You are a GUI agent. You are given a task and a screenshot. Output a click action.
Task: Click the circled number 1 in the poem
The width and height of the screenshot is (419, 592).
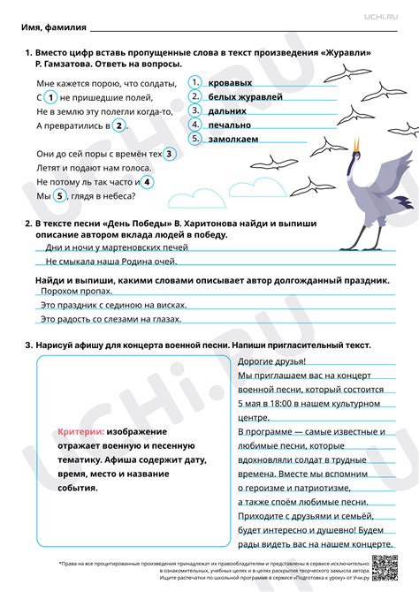coord(51,97)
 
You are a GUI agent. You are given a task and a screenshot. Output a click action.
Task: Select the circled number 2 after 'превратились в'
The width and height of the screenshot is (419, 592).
coord(117,125)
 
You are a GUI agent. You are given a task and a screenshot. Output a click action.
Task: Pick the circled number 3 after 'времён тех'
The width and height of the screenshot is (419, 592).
coord(171,154)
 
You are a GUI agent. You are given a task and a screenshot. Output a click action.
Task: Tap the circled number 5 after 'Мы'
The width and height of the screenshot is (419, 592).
coord(60,196)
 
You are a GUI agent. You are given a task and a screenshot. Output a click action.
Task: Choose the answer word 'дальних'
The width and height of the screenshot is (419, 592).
coord(227,111)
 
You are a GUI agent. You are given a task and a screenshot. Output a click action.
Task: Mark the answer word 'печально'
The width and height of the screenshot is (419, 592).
coord(229,125)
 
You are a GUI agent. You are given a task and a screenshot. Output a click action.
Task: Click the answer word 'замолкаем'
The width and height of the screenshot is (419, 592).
coord(233,140)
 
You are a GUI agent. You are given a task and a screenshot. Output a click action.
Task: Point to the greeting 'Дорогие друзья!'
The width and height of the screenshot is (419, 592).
coord(272,362)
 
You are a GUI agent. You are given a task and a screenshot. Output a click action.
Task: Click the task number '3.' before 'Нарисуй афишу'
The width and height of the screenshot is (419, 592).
coord(29,345)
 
